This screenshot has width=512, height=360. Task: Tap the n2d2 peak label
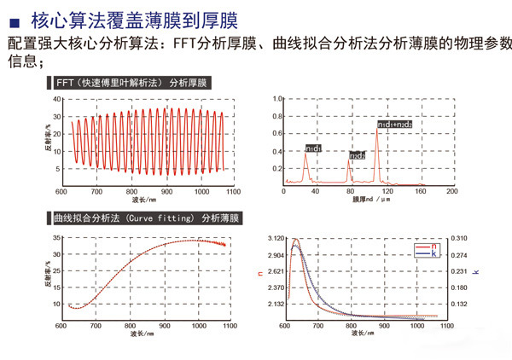coord(356,155)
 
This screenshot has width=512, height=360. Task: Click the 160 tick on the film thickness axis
coord(421,191)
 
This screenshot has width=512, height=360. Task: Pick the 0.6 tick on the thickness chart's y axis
coord(277,133)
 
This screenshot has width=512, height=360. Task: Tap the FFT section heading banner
coord(131,83)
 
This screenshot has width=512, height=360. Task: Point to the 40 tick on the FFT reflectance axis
coord(57,99)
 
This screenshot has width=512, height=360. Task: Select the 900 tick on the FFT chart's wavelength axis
coord(167,191)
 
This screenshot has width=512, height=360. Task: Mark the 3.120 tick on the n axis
coord(275,238)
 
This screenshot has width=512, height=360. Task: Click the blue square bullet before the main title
coord(13,17)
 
